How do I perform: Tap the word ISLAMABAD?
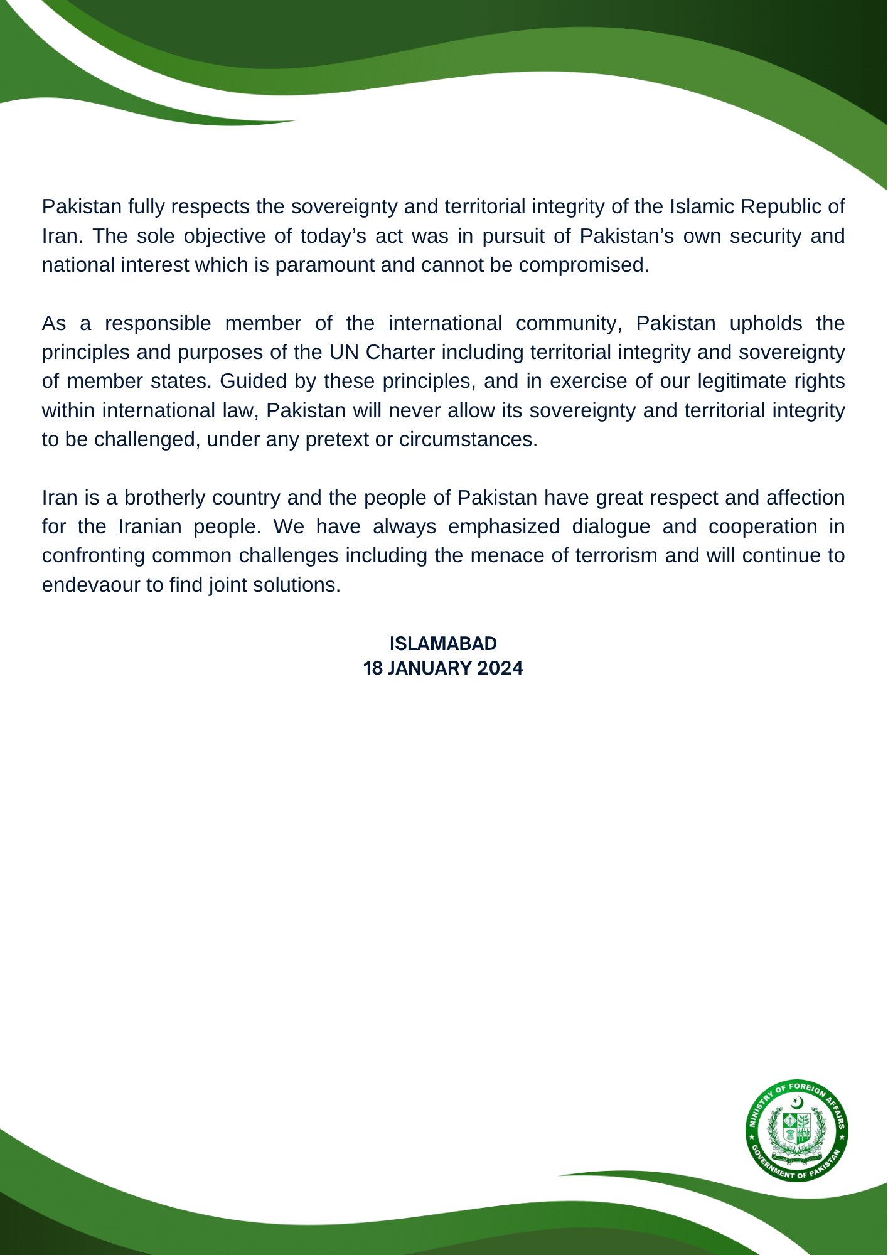tap(443, 644)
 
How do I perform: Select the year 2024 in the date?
tap(500, 668)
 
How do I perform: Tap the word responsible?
tap(158, 323)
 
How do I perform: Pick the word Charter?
tap(400, 352)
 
